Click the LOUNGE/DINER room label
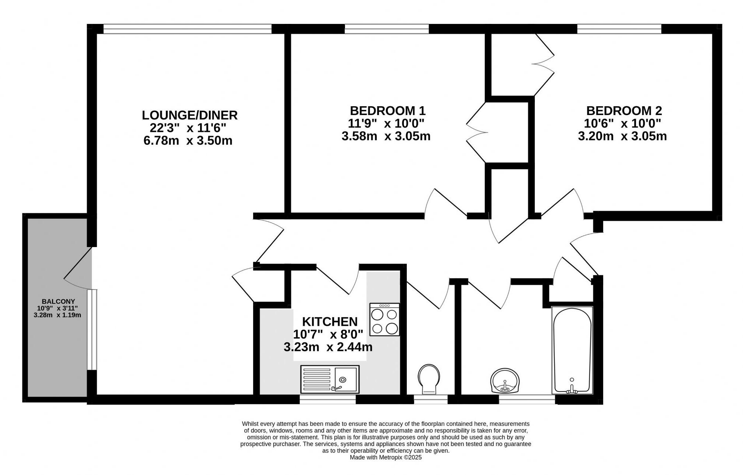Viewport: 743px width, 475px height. point(189,115)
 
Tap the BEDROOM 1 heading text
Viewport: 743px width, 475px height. point(387,111)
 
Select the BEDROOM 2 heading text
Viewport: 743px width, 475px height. point(624,111)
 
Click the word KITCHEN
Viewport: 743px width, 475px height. point(330,322)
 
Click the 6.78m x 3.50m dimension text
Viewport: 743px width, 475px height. point(188,141)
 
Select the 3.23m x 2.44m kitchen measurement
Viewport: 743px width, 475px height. point(328,347)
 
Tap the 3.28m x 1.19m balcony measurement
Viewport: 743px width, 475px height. point(57,315)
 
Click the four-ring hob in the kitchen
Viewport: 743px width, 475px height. point(384,319)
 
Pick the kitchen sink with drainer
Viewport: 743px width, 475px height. point(330,379)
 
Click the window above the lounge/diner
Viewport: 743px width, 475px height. point(187,29)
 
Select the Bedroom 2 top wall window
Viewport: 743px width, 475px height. point(619,29)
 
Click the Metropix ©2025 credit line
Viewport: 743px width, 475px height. point(385,457)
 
